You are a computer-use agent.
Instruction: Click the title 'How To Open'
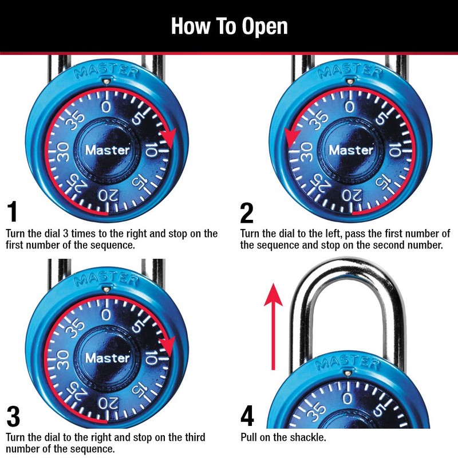(x=229, y=26)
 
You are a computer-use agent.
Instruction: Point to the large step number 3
(x=13, y=417)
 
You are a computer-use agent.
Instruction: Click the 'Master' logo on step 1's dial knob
(x=108, y=151)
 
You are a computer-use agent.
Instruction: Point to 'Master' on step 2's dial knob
(x=351, y=151)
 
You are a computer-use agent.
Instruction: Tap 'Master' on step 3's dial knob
(x=108, y=358)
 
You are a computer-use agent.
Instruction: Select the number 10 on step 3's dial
(x=151, y=358)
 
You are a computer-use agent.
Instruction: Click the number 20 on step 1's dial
(x=106, y=195)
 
